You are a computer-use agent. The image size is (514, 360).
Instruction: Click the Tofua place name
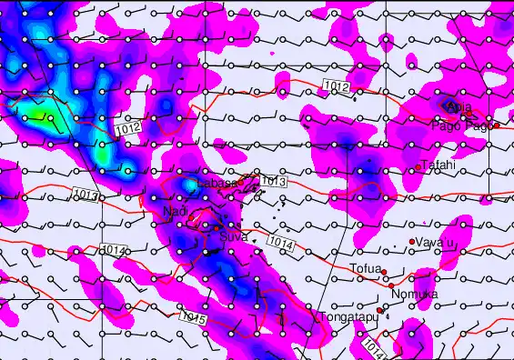(x=365, y=268)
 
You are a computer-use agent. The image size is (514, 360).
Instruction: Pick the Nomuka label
(x=413, y=295)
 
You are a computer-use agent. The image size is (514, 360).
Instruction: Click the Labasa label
(x=217, y=184)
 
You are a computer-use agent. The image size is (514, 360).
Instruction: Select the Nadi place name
(x=174, y=211)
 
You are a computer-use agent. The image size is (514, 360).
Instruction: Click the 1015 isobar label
(x=194, y=320)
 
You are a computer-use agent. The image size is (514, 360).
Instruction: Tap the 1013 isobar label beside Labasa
(x=273, y=182)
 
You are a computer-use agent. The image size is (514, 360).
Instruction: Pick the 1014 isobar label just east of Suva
(x=281, y=243)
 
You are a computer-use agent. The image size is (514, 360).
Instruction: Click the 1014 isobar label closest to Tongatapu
(x=372, y=347)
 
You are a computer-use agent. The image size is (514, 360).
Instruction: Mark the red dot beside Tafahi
(x=418, y=167)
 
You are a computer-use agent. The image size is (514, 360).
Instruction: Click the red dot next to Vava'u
(x=412, y=241)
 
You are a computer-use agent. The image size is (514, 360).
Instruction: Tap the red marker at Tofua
(x=384, y=272)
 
